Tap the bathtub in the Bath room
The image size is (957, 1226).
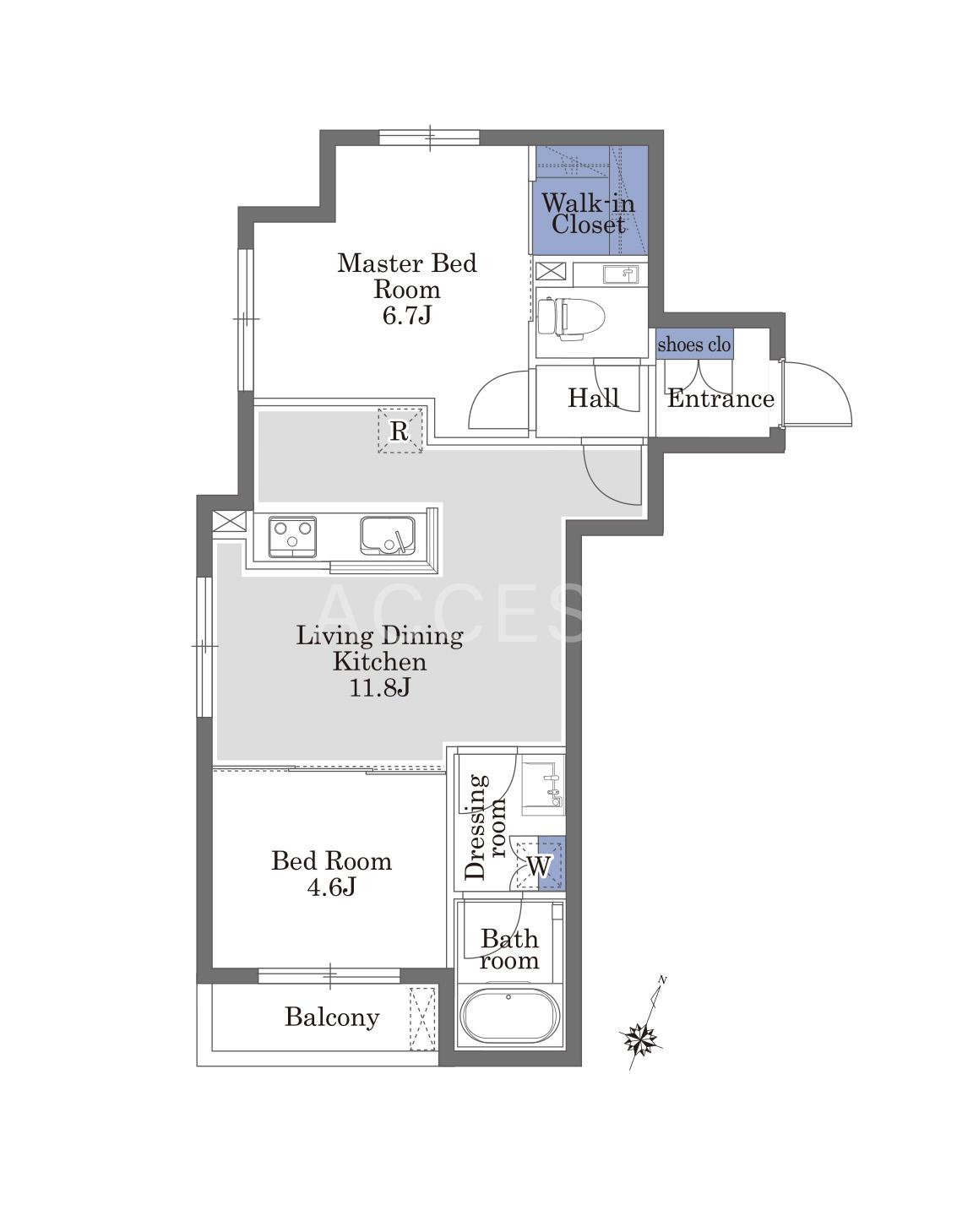coord(511,1017)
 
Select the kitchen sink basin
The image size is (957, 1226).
coord(388,534)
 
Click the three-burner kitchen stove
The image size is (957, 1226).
coord(292,536)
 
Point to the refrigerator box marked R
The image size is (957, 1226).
coord(400,431)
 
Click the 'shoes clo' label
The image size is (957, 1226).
coord(694,344)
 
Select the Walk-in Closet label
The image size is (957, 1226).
coord(589,214)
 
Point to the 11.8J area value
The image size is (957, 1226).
coord(380,688)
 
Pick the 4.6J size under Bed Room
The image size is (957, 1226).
coord(331,887)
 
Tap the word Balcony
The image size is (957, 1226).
coord(332,1017)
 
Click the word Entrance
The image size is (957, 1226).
coord(720,399)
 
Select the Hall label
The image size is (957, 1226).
coord(593,398)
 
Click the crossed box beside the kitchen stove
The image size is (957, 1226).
coord(230,521)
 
